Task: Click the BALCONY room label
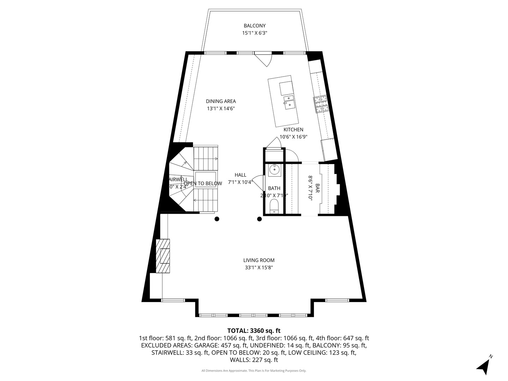[x=254, y=26]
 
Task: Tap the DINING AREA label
[x=221, y=101]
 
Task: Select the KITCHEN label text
[x=293, y=129]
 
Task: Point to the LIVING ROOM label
[x=259, y=260]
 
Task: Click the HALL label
[x=240, y=175]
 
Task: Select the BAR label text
[x=317, y=188]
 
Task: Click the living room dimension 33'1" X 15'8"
[x=259, y=268]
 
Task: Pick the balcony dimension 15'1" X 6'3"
[x=254, y=33]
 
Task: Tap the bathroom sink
[x=274, y=170]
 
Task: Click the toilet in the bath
[x=274, y=206]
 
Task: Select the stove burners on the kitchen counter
[x=321, y=104]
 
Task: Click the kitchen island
[x=283, y=101]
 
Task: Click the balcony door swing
[x=264, y=59]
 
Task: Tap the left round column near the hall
[x=217, y=219]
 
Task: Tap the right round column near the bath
[x=259, y=219]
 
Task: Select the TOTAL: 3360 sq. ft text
[x=254, y=331]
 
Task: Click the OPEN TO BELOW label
[x=203, y=183]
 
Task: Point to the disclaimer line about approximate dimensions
[x=254, y=371]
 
